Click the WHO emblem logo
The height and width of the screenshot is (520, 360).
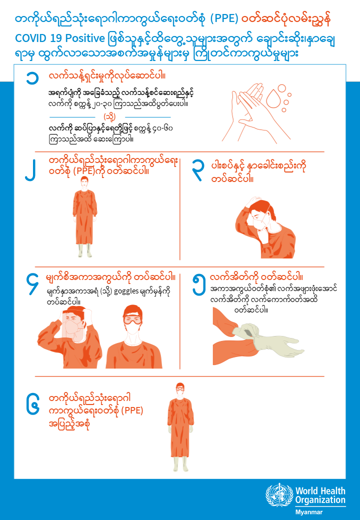coord(279,495)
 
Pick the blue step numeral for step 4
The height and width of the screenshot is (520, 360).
coord(33,283)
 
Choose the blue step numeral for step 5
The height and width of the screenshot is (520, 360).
coord(199,284)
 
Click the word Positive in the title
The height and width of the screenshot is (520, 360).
coord(85,38)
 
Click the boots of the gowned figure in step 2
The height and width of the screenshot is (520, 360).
coord(85,250)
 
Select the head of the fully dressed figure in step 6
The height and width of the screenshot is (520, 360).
coord(179,390)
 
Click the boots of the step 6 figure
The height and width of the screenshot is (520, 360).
coord(180,464)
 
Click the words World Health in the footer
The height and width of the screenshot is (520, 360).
coord(320,491)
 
